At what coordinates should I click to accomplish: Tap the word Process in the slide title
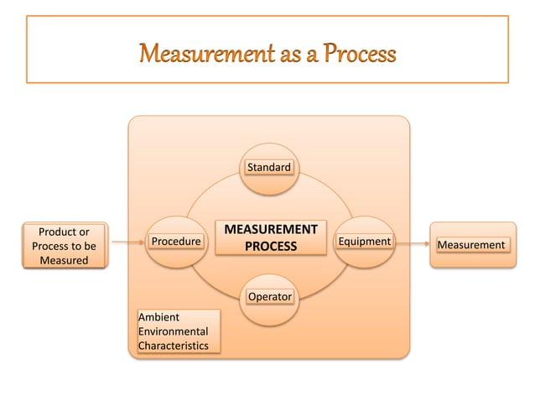[355, 56]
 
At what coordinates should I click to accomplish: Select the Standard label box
[268, 168]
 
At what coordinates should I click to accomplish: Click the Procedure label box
[176, 242]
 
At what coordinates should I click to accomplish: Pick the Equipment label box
[363, 242]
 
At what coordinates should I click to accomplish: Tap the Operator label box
[269, 297]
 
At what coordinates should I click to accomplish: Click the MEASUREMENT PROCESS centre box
[269, 237]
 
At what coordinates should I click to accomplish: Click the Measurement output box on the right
[472, 245]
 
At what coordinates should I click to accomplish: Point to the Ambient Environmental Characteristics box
[179, 331]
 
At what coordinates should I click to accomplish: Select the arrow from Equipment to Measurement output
[411, 243]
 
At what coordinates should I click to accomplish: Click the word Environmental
[174, 331]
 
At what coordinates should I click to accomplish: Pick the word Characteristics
[174, 346]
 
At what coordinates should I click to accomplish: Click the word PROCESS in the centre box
[270, 247]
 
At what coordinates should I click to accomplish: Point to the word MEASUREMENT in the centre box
[269, 229]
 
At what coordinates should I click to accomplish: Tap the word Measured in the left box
[64, 261]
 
